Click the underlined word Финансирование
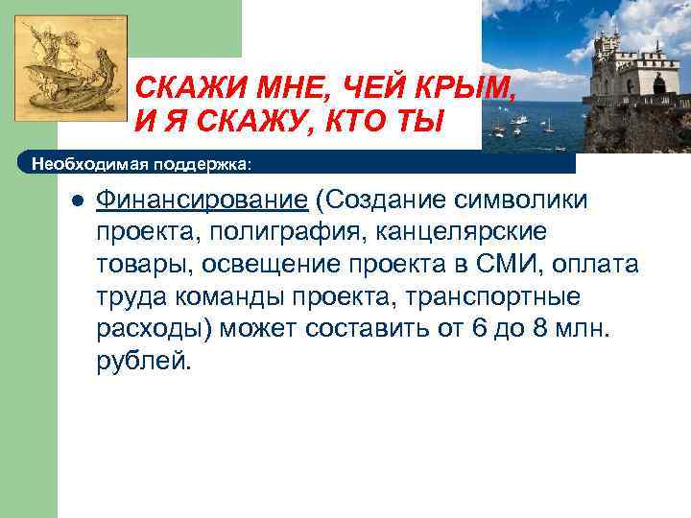pyautogui.click(x=203, y=200)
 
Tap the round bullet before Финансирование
pyautogui.click(x=77, y=200)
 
